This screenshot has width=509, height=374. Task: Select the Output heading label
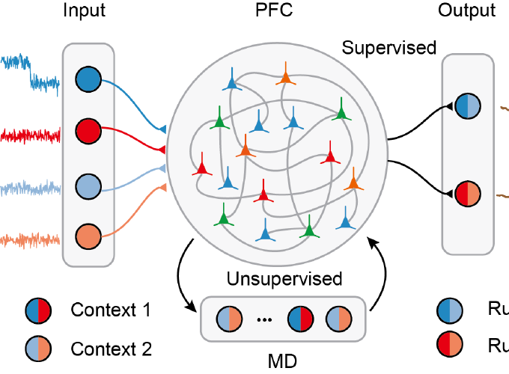coord(467,10)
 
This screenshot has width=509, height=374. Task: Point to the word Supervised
coord(388,48)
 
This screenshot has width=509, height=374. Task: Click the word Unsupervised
coord(284,280)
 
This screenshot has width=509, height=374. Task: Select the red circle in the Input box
coord(88,132)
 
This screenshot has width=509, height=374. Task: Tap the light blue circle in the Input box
coord(88,184)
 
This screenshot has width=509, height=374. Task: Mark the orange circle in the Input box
coord(88,236)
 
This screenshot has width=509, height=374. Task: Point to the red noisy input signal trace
coord(30,135)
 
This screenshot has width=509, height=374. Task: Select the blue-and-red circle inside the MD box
coord(301,317)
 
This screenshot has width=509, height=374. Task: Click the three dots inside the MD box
coord(263,319)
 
